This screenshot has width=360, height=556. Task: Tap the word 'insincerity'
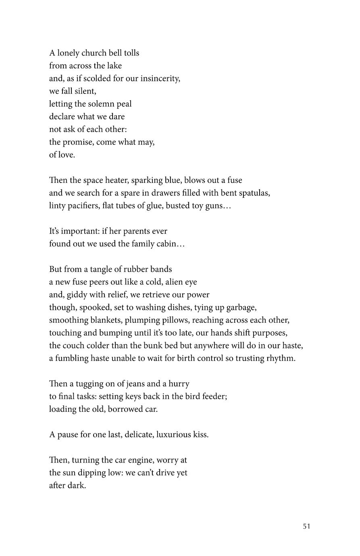[159, 79]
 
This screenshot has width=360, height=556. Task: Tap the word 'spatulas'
[254, 193]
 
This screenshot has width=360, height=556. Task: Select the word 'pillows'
[176, 320]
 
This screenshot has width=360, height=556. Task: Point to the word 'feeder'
[214, 396]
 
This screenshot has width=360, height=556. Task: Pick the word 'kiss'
[200, 435]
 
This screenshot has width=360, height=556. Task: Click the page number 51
[306, 527]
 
